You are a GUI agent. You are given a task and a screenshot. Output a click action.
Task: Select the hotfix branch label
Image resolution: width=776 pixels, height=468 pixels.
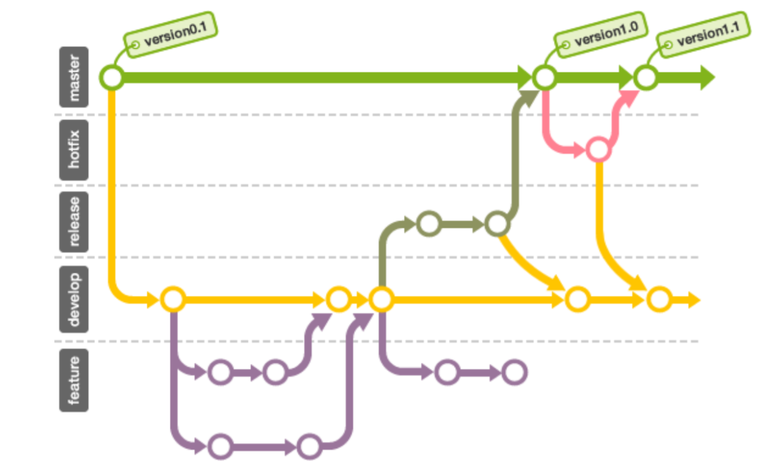point(74,150)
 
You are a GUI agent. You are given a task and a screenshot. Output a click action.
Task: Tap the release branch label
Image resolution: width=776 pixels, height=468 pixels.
point(74,221)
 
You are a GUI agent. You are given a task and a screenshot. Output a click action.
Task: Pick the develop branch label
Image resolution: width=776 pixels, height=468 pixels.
point(74,300)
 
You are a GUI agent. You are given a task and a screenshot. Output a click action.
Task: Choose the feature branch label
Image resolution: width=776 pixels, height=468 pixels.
point(74,380)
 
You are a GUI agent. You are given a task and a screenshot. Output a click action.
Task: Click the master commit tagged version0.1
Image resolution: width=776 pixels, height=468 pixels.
point(112,78)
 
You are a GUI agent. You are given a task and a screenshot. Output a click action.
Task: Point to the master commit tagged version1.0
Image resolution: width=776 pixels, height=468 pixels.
point(544,78)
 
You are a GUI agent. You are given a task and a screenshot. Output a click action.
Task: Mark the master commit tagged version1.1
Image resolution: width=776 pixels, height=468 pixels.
point(646,78)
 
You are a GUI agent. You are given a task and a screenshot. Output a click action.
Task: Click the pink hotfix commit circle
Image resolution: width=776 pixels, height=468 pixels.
point(598,150)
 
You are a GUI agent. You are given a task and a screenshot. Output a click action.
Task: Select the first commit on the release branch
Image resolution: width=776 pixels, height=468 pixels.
point(429,223)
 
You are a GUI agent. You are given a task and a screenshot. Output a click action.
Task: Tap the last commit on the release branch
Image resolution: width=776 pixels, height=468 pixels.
point(497,223)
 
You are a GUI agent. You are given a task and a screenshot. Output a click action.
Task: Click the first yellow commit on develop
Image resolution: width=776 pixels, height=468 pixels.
point(172,300)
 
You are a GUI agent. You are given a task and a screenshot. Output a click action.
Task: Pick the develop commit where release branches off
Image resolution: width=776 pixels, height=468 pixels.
point(380,300)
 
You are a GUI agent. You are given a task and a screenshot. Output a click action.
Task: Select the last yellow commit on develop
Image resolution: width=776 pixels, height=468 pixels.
point(659,300)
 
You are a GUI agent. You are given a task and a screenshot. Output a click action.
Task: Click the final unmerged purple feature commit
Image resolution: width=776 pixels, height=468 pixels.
point(514,373)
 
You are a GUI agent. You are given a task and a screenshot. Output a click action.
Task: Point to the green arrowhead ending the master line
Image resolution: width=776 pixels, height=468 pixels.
point(706,78)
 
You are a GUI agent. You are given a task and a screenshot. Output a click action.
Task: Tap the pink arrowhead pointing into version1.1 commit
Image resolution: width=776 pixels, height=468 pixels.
point(629,97)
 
